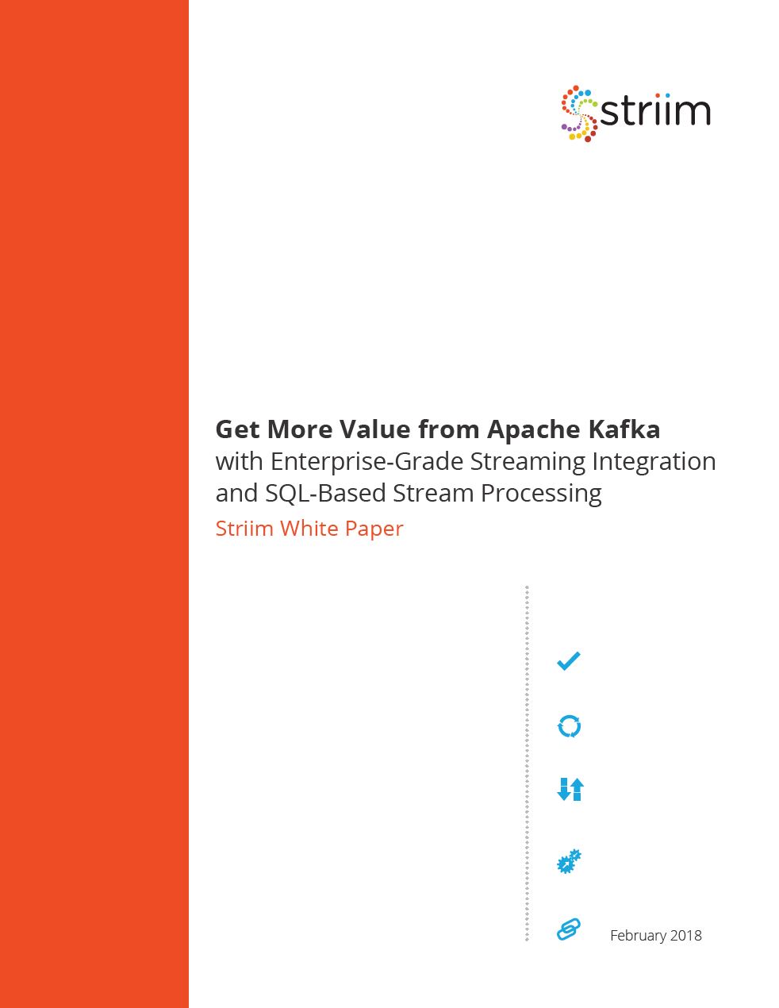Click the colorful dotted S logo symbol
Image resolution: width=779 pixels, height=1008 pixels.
coord(578,113)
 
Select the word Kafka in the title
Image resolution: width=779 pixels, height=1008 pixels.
coord(624,429)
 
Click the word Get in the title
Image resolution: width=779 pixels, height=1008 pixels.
coord(238,429)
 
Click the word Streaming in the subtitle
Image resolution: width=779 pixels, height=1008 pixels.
coord(528,462)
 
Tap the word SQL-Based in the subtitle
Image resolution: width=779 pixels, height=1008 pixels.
coord(325,493)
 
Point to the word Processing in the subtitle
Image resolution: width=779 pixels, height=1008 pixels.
coord(541,494)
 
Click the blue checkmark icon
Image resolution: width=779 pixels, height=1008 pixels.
coord(569,661)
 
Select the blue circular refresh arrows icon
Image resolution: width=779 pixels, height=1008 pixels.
coord(569,726)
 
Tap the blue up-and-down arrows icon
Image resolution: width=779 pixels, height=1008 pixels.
coord(570,789)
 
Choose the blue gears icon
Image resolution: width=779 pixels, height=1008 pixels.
coord(569,860)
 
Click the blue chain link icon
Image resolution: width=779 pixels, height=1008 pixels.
coord(569,929)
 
